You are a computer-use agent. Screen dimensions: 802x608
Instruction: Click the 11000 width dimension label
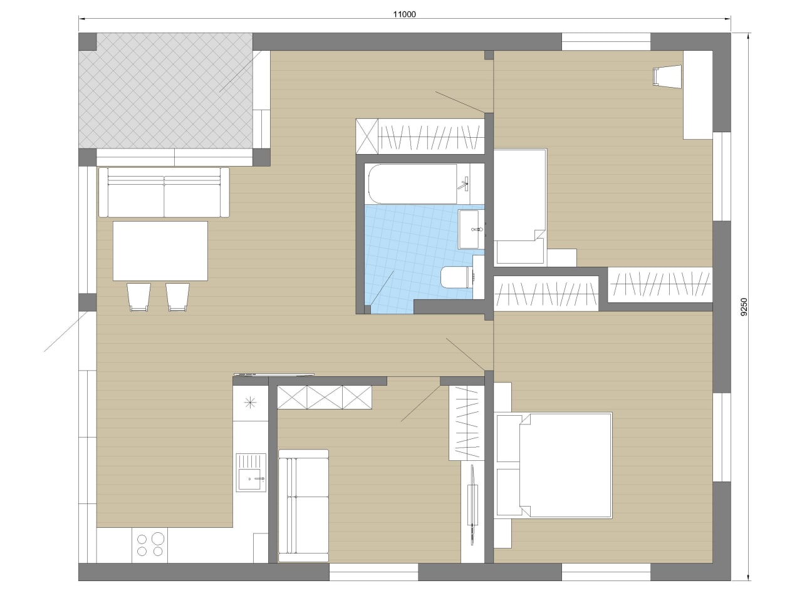404,14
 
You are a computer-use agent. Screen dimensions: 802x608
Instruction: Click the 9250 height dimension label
744,306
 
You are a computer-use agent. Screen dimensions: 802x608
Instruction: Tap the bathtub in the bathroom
412,183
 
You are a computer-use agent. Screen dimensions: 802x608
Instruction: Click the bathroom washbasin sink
469,229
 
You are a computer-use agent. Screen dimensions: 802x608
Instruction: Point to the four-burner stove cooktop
150,545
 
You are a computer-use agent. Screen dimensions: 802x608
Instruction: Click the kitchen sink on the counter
251,472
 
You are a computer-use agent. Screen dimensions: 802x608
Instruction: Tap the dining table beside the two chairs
160,251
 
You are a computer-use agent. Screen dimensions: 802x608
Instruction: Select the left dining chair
138,297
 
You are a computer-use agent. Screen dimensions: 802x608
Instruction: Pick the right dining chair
177,297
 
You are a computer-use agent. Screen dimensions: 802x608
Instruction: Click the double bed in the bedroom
553,465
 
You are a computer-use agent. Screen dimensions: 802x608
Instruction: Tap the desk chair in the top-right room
667,76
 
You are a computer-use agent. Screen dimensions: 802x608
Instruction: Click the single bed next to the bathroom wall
520,207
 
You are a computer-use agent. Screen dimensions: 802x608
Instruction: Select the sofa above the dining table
164,192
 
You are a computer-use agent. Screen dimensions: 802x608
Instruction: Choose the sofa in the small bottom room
303,506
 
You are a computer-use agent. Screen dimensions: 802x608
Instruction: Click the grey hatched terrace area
166,91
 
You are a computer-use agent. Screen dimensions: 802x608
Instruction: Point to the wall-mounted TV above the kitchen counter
274,374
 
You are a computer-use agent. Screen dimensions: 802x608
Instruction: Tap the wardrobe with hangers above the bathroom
420,137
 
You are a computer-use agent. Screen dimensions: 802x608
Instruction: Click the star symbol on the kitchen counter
250,403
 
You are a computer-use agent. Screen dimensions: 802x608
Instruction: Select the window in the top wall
606,41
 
